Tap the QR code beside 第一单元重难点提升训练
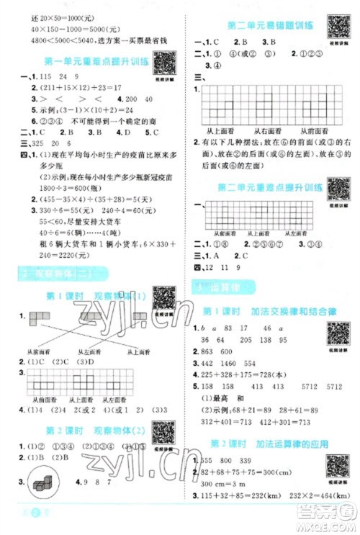pyautogui.click(x=164, y=63)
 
